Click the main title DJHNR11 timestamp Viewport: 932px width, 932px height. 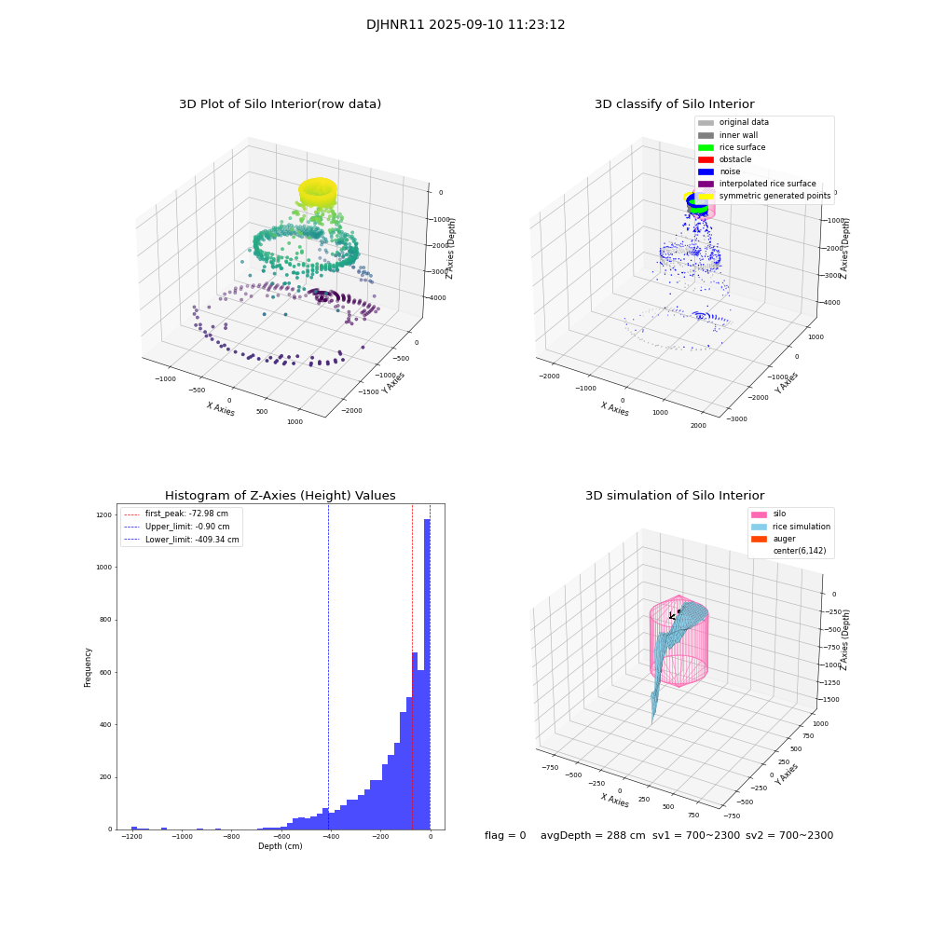465,25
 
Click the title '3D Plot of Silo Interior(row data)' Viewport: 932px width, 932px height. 280,104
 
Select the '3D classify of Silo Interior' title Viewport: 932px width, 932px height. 674,104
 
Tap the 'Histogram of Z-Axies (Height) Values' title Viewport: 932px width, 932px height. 280,496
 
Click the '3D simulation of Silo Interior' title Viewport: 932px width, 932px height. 674,496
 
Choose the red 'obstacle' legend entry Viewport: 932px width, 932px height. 735,159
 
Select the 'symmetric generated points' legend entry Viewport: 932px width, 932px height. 774,196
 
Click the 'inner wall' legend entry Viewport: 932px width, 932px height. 738,135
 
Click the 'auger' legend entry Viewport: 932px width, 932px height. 784,539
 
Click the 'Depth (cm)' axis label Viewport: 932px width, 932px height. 280,846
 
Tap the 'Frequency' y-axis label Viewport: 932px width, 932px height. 89,666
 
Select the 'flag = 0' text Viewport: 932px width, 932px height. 505,836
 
